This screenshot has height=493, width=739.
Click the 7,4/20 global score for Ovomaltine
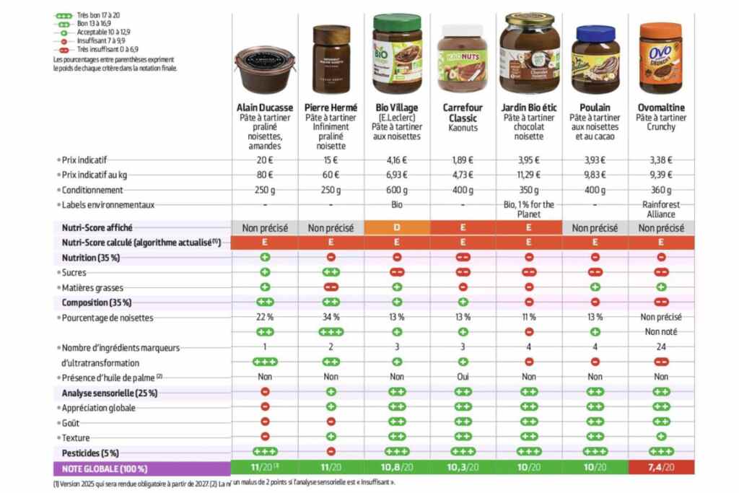tap(660, 468)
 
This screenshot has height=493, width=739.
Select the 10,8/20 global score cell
tap(396, 468)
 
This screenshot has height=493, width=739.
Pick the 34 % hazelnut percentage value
tap(331, 316)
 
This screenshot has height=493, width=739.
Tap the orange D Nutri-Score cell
tap(396, 227)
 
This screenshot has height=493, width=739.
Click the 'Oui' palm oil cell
tap(462, 376)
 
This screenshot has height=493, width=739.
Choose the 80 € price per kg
tap(265, 175)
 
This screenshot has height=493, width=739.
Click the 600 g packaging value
tap(396, 190)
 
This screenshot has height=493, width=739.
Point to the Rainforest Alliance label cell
tap(660, 209)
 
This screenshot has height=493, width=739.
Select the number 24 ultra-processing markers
tap(660, 346)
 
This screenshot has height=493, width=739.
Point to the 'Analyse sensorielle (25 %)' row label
tap(109, 393)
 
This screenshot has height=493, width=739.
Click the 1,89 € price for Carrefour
tap(462, 160)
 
